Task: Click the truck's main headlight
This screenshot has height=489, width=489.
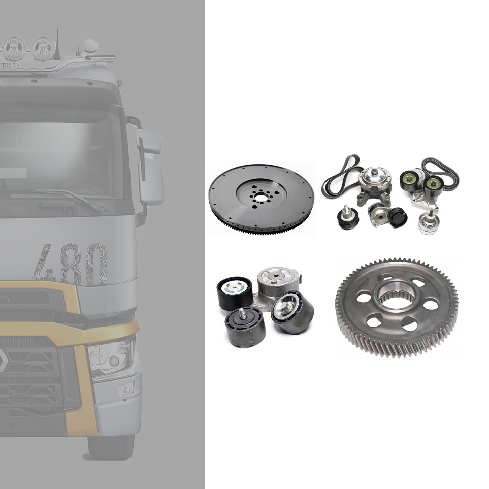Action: tap(111, 355)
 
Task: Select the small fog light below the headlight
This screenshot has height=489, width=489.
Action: tap(123, 390)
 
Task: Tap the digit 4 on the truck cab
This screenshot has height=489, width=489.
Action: tap(43, 264)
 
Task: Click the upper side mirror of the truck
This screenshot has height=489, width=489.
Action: tap(148, 142)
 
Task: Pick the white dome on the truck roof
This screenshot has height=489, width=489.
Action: tap(89, 46)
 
